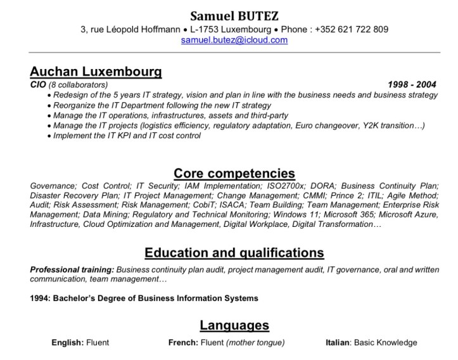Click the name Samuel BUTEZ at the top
click(x=234, y=16)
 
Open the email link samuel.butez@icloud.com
click(x=234, y=40)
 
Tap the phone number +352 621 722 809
click(x=352, y=29)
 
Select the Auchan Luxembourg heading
click(x=96, y=71)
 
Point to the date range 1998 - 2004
click(x=412, y=84)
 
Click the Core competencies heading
click(x=234, y=173)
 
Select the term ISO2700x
click(x=283, y=186)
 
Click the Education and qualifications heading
click(x=234, y=253)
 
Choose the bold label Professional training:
click(x=72, y=269)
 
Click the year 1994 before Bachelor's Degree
click(x=40, y=298)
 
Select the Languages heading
click(x=234, y=326)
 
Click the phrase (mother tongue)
click(x=253, y=343)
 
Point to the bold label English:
click(x=67, y=343)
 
